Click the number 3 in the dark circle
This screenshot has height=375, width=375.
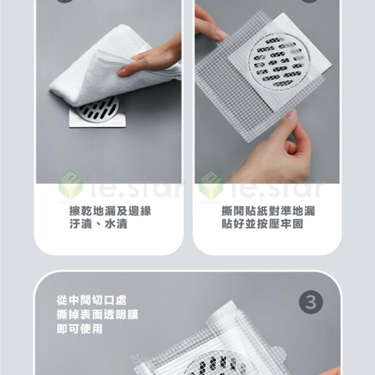[x=310, y=302]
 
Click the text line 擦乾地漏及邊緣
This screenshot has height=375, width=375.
[x=110, y=211]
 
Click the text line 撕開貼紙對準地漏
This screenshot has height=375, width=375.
[x=268, y=211]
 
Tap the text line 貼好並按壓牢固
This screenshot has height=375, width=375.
[x=262, y=224]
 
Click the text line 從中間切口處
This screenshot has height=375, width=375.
[x=91, y=300]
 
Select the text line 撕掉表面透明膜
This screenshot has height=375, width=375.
[x=98, y=314]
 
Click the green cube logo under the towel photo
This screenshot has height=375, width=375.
[x=70, y=185]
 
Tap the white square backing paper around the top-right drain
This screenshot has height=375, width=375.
[x=320, y=60]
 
